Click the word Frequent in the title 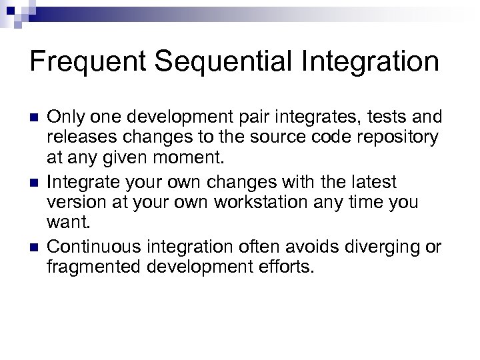pos(90,63)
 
